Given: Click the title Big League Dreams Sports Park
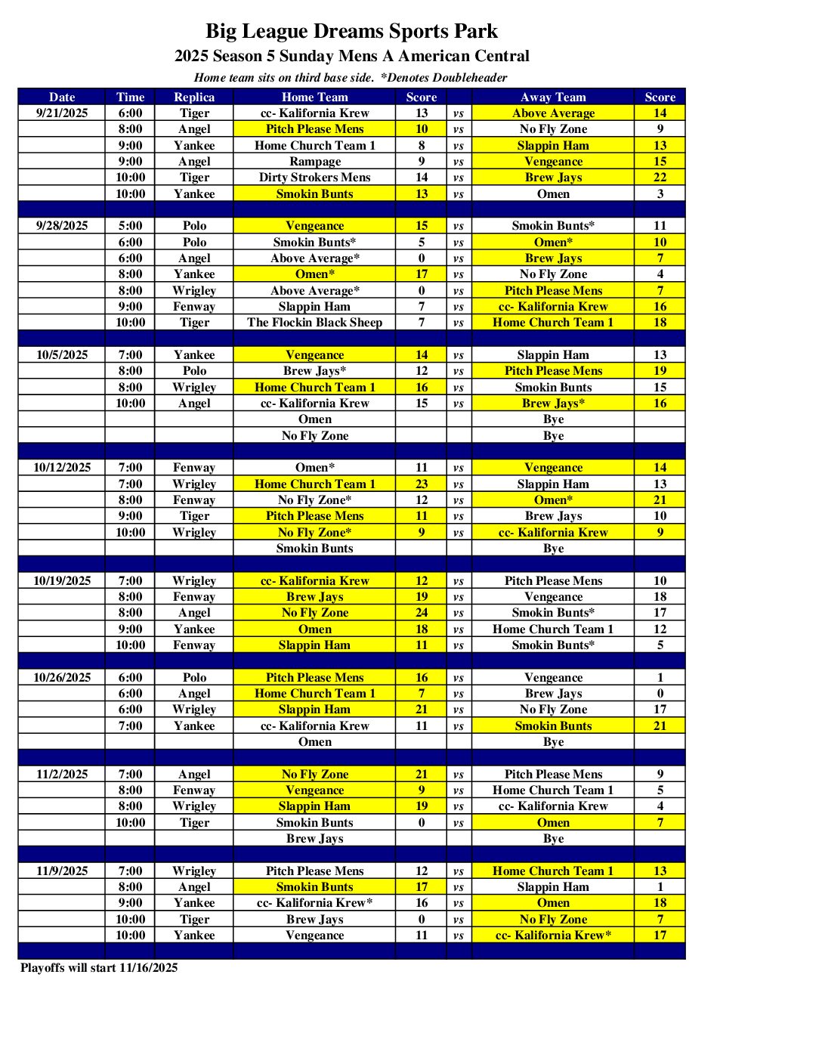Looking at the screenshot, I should [x=351, y=31].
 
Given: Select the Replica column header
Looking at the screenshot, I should [x=194, y=97].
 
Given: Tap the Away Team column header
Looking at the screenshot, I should [x=553, y=97].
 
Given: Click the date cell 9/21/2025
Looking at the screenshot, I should [x=62, y=113].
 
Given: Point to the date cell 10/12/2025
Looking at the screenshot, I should [x=62, y=468].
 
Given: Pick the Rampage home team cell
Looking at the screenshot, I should [x=314, y=162].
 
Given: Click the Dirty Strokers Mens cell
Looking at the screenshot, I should [x=314, y=178].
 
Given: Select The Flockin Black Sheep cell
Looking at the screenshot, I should [x=314, y=323].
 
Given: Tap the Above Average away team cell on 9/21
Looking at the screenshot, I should [x=553, y=113].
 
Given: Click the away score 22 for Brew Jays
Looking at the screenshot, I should [x=660, y=178].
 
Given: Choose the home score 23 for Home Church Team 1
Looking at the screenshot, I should [x=421, y=484].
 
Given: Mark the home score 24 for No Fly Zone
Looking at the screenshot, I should [x=421, y=613].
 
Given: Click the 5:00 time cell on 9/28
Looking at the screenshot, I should [x=130, y=226].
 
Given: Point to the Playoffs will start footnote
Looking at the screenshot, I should [x=99, y=968].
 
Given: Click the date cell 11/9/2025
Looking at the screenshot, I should [x=62, y=871].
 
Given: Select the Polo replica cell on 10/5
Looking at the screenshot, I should [x=194, y=371].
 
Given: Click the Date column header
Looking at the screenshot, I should [x=62, y=97].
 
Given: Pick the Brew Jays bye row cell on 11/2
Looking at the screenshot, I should [x=314, y=839].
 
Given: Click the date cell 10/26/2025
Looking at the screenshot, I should [x=62, y=678].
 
